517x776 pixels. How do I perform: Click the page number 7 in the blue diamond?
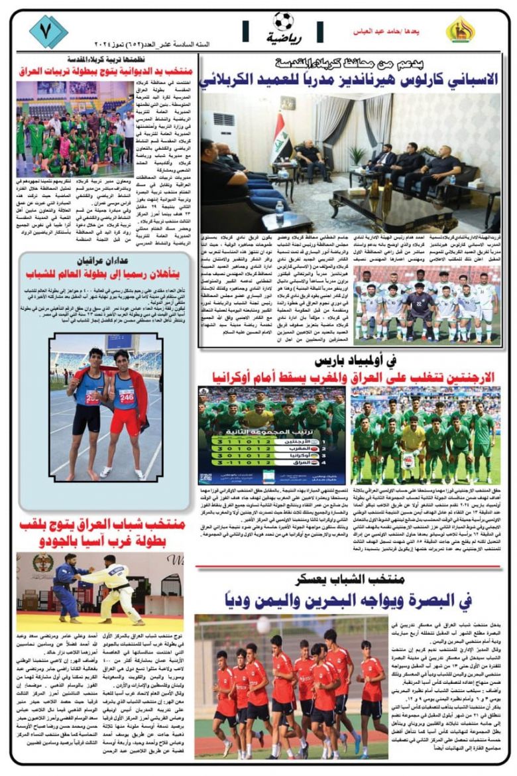[x=48, y=31]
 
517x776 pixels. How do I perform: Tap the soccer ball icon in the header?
[x=283, y=21]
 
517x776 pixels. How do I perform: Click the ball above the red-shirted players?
[x=263, y=624]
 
